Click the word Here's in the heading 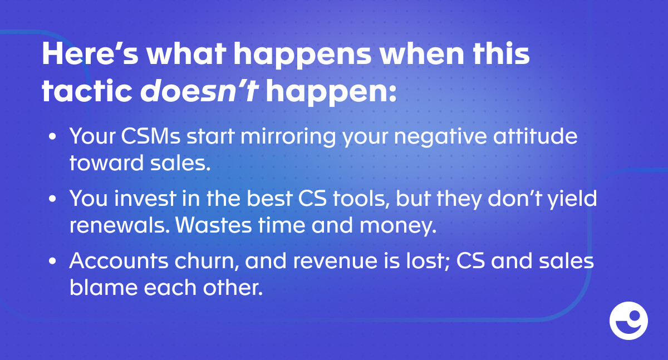pyautogui.click(x=90, y=54)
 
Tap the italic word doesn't pyautogui.click(x=199, y=91)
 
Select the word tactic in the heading pyautogui.click(x=87, y=91)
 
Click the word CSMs pyautogui.click(x=151, y=136)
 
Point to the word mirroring pyautogui.click(x=288, y=137)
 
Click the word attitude pyautogui.click(x=536, y=136)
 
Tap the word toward pyautogui.click(x=106, y=163)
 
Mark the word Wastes pyautogui.click(x=214, y=225)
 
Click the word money pyautogui.click(x=398, y=226)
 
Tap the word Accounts pyautogui.click(x=119, y=261)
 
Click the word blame pyautogui.click(x=103, y=288)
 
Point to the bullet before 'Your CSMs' pyautogui.click(x=52, y=136)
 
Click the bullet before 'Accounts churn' pyautogui.click(x=52, y=261)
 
